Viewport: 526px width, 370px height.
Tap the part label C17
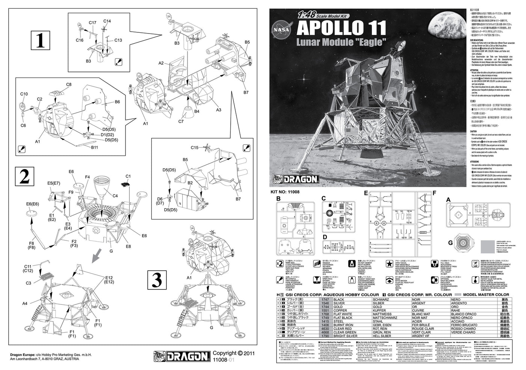(x=92, y=23)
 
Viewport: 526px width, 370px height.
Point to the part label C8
(x=69, y=85)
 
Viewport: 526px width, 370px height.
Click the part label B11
(x=94, y=147)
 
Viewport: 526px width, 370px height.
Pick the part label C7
(x=181, y=121)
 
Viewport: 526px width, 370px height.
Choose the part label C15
(x=194, y=147)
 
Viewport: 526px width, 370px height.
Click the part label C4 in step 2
(x=115, y=196)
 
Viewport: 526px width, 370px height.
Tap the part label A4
(x=25, y=303)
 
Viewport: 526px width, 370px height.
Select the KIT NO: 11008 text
(x=287, y=191)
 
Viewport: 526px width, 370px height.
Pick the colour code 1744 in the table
(x=324, y=307)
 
